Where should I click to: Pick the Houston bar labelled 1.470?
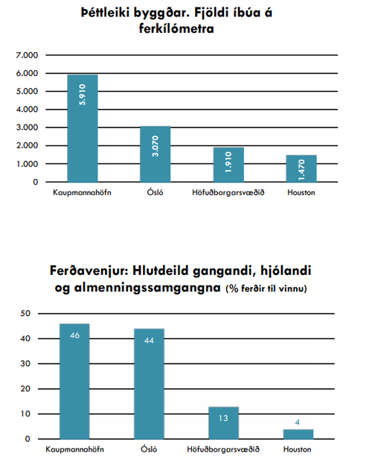[x=301, y=168]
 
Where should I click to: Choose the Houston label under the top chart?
[x=301, y=193]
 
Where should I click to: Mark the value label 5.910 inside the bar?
[x=83, y=93]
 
